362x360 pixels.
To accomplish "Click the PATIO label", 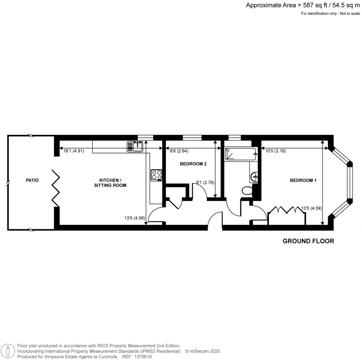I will tap(32, 180).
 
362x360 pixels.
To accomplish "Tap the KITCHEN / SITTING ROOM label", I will tap(110, 182).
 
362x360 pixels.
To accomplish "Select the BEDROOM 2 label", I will tap(193, 164).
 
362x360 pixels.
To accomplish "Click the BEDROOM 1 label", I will tap(303, 180).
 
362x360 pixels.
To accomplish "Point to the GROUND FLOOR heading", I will tap(308, 241).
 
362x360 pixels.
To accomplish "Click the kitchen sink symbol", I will tap(135, 146).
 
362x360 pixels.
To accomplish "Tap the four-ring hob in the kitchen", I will tap(156, 175).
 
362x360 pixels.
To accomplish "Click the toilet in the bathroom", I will tap(247, 191).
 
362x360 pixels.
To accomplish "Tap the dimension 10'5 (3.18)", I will tap(275, 151).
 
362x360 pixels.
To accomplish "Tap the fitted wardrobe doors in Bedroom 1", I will tap(287, 210).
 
